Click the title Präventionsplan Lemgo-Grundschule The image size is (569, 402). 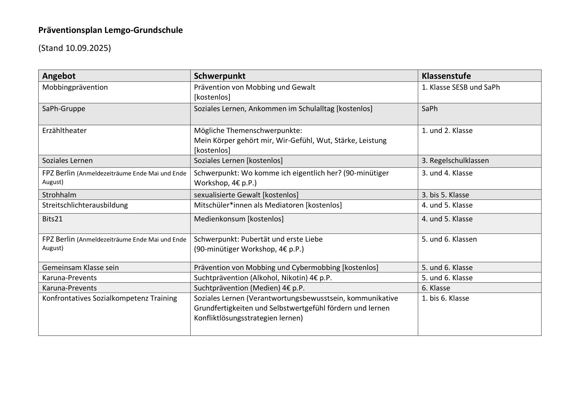(x=110, y=30)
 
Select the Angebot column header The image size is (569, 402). (x=59, y=76)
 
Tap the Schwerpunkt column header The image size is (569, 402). (x=219, y=76)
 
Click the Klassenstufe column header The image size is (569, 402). (x=446, y=76)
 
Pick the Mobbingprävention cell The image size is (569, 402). (x=75, y=87)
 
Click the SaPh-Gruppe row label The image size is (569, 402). (x=64, y=109)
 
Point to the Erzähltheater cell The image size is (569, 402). (x=64, y=131)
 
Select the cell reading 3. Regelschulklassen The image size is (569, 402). (x=455, y=160)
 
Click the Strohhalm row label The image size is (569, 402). (x=59, y=195)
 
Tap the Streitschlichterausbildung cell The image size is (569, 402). (x=85, y=205)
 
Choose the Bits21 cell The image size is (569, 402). (x=52, y=219)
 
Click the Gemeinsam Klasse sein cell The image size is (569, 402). (x=80, y=267)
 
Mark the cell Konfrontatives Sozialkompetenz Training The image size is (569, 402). (x=109, y=298)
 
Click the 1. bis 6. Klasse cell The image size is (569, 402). (x=445, y=298)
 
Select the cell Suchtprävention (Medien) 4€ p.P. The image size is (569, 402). (x=249, y=288)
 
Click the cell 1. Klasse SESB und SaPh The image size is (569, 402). (x=461, y=87)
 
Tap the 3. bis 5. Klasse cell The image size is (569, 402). (x=445, y=195)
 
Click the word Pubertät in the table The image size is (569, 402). (x=255, y=239)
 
